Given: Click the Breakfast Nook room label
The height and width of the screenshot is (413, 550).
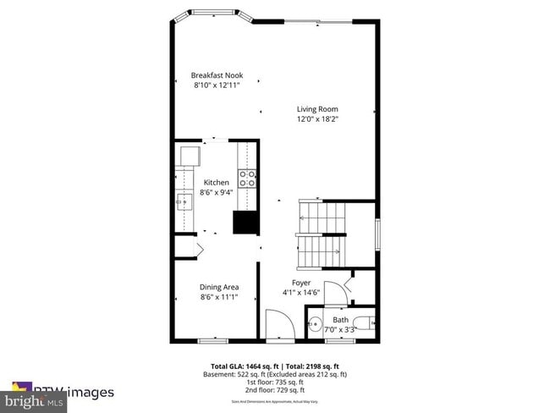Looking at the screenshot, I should coord(217,75).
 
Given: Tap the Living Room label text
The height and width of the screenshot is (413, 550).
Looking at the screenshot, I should coord(316,108).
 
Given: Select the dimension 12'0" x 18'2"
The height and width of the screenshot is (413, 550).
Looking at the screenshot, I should coord(316,119).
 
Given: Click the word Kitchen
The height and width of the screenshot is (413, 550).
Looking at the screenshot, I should coord(216,182).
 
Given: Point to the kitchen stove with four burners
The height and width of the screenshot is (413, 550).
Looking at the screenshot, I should coord(248,178).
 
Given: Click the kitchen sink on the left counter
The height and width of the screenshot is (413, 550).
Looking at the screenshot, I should coord(184,201).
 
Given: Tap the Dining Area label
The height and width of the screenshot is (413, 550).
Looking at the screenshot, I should coord(218,287).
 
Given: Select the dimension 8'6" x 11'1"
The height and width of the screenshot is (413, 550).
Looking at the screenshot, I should coord(218,297).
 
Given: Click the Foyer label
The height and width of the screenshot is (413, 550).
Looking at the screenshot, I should coord(301,283).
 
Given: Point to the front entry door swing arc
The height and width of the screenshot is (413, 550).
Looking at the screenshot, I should coord(278,323).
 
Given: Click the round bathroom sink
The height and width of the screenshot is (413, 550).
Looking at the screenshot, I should coord(313,322).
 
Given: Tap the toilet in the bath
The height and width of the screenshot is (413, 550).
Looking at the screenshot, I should coord(365,322).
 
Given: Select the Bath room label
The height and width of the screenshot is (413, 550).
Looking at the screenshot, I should coord(340,320).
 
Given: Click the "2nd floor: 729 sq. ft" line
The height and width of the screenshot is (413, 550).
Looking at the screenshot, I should coord(274,390).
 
